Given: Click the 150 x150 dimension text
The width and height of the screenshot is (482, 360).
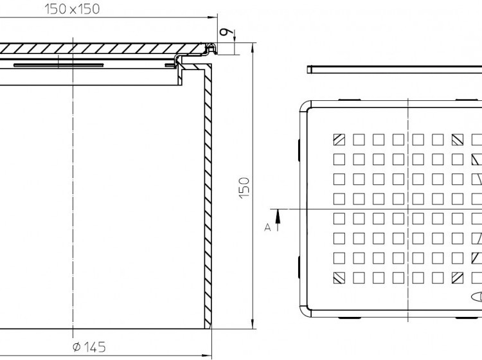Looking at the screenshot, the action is pyautogui.click(x=72, y=9).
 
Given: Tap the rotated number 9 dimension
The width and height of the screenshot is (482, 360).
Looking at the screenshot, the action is pyautogui.click(x=226, y=32).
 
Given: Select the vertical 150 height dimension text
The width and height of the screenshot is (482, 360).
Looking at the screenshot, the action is pyautogui.click(x=245, y=188).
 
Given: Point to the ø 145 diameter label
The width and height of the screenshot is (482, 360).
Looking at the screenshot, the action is pyautogui.click(x=89, y=347).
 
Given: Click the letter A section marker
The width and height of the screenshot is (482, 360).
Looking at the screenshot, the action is pyautogui.click(x=267, y=227).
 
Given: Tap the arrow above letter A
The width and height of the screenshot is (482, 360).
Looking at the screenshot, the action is pyautogui.click(x=278, y=220).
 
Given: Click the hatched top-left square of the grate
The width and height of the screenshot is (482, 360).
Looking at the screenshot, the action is pyautogui.click(x=339, y=139).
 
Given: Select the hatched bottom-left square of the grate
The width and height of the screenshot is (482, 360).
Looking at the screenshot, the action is pyautogui.click(x=339, y=278).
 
